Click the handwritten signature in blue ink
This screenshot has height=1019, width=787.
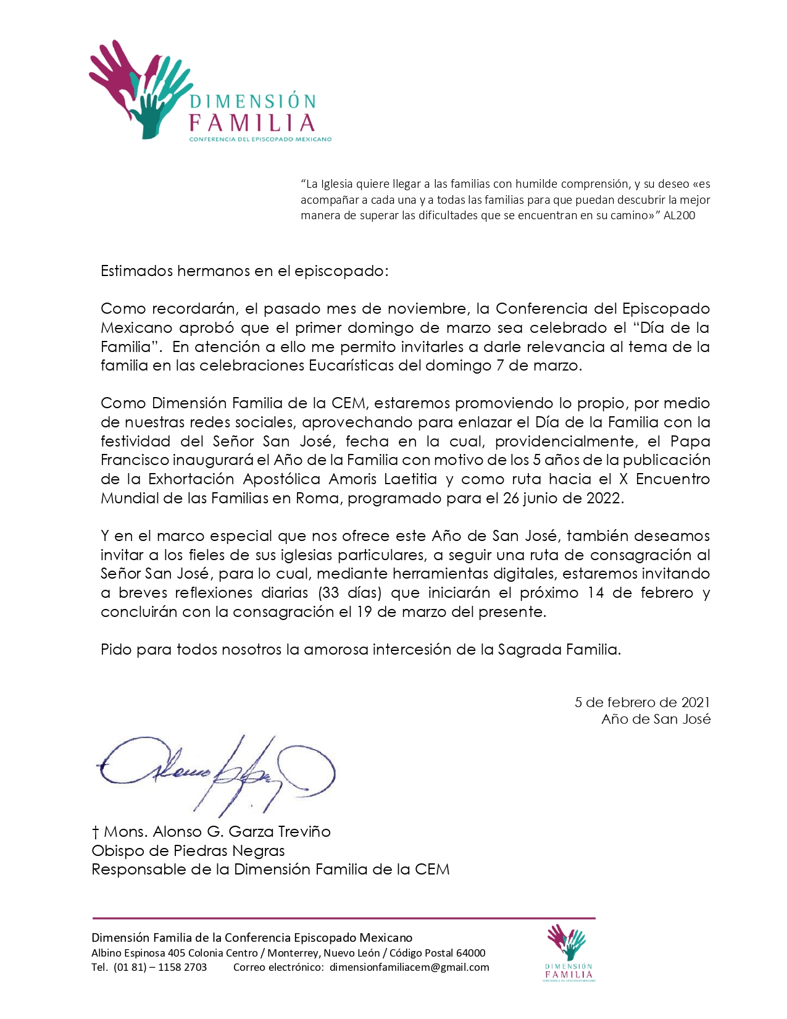[216, 772]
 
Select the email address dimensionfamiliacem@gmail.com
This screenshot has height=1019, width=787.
[409, 967]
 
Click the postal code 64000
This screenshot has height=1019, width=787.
[470, 953]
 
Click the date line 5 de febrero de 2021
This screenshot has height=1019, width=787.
[642, 702]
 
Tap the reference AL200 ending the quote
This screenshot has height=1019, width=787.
[679, 216]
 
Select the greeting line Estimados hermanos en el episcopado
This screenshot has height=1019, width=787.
[244, 271]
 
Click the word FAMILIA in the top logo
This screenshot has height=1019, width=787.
[252, 123]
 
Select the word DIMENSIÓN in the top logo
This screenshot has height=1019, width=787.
[253, 101]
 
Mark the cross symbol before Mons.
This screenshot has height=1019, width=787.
[96, 832]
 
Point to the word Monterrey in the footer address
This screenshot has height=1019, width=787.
[293, 953]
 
